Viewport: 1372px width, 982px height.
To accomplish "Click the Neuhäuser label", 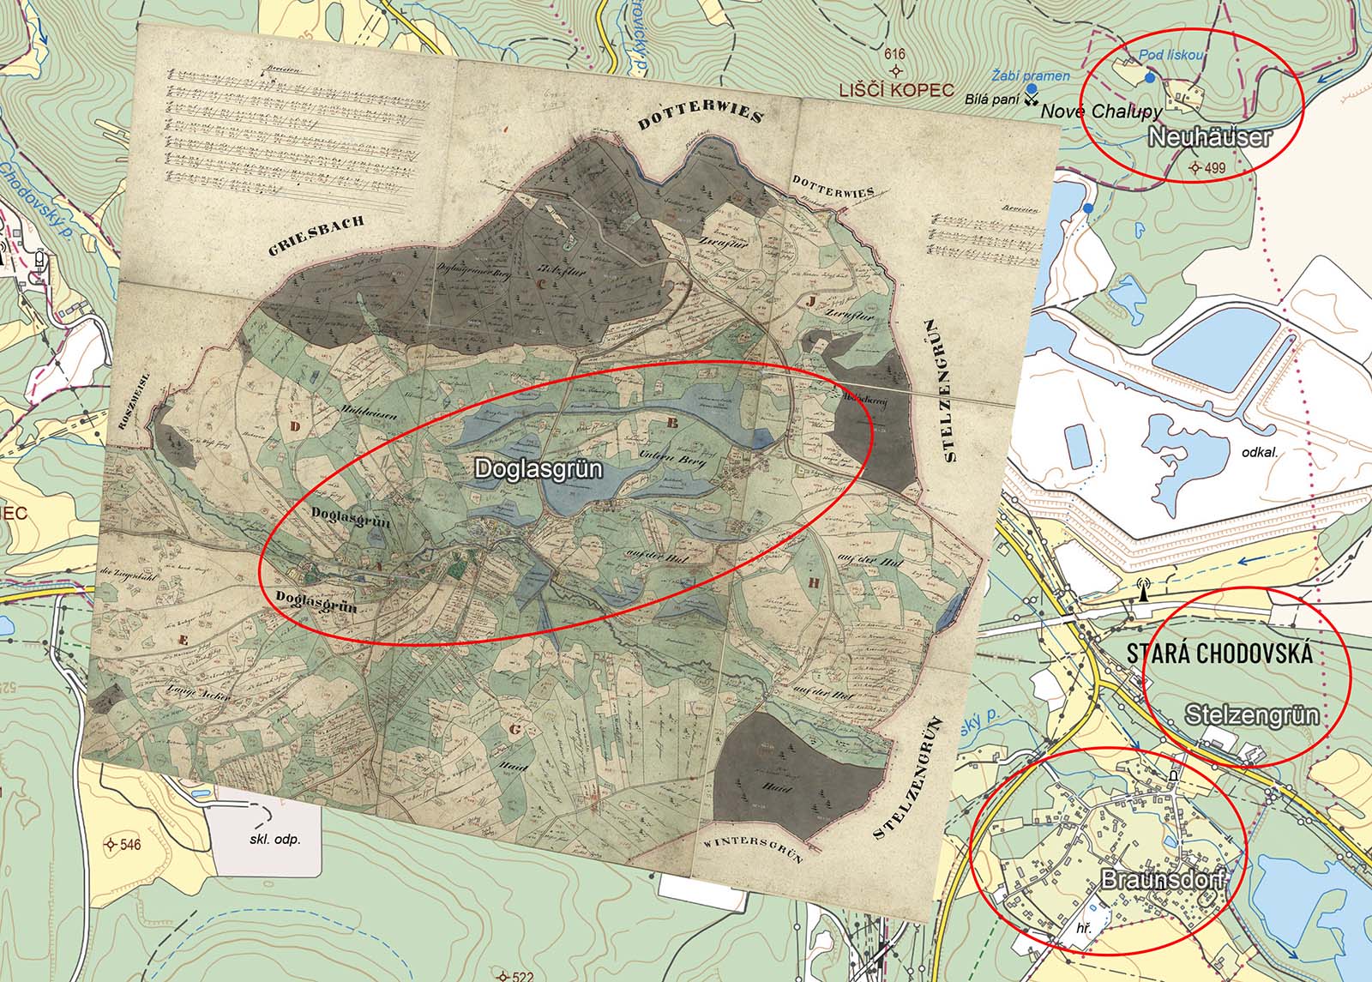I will point(1209,137).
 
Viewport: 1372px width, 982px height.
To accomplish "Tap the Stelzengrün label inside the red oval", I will point(1252,714).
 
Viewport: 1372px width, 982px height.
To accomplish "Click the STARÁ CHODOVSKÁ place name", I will point(1219,654).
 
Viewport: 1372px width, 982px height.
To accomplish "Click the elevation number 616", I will point(895,54).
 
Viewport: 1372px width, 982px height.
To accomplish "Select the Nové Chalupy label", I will point(1101,111).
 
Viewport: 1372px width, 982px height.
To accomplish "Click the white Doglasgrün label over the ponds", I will point(538,469).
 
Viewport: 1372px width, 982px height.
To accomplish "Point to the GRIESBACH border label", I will point(316,237).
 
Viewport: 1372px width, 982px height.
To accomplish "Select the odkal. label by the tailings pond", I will point(1259,452).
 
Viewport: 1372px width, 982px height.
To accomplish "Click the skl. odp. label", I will point(274,839).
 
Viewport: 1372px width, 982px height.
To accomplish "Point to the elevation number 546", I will point(129,845).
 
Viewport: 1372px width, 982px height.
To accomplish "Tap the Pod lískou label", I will point(1171,55).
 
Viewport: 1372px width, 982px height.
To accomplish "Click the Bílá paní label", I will point(991,99).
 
